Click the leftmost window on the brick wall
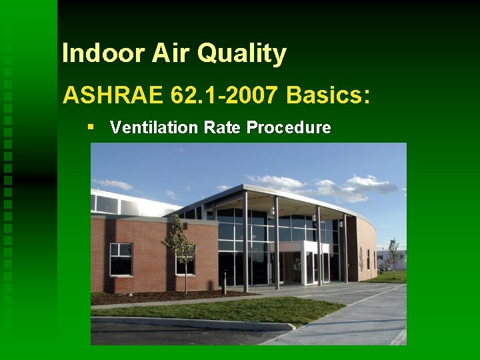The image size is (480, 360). pos(121,259)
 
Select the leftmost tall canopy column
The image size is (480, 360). pos(245,240)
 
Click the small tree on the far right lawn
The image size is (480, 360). pos(393,257)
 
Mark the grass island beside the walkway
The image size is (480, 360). pos(227,309)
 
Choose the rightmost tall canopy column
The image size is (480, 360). pos(345,248)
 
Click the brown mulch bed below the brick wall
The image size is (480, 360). pos(153,297)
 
